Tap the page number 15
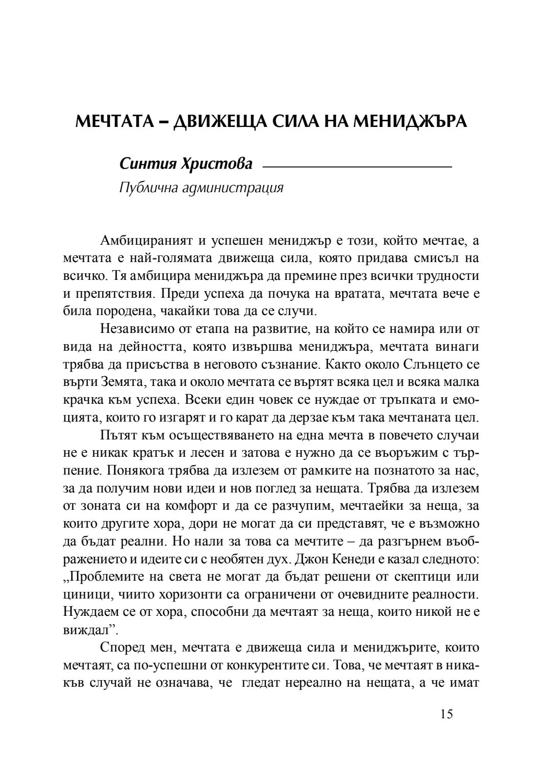(445, 714)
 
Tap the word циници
(85, 594)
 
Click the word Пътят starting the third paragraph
(117, 435)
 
